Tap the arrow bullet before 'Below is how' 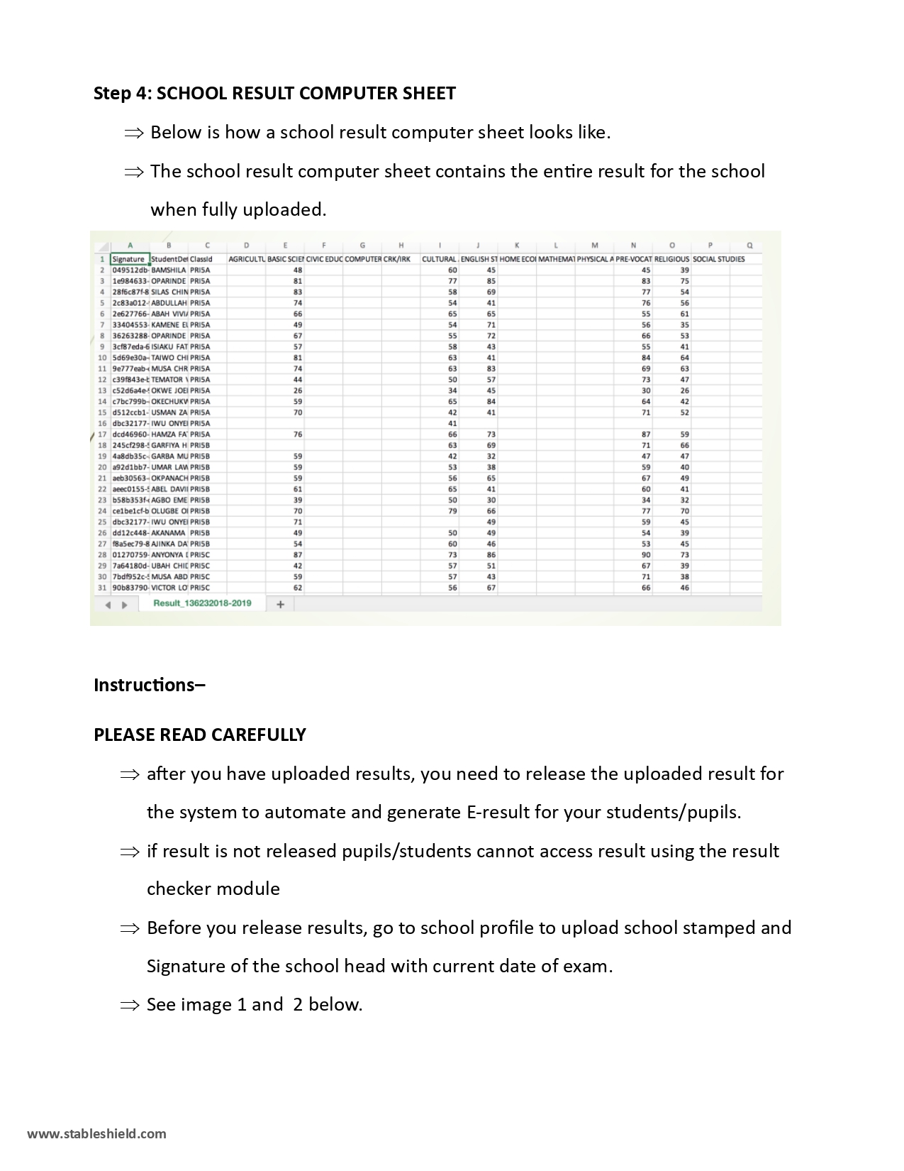[133, 133]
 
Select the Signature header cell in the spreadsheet [128, 259]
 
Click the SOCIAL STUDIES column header [718, 259]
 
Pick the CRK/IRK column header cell [397, 259]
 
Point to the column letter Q [749, 246]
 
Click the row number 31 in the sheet [102, 588]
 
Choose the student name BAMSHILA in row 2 [169, 270]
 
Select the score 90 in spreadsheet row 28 [646, 555]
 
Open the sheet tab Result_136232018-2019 [202, 603]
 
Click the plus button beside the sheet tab [280, 604]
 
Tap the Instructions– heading [150, 685]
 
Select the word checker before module [179, 889]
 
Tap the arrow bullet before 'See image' [130, 1005]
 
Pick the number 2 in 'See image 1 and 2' [298, 1005]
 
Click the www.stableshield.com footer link [97, 1133]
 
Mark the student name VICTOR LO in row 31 [169, 588]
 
